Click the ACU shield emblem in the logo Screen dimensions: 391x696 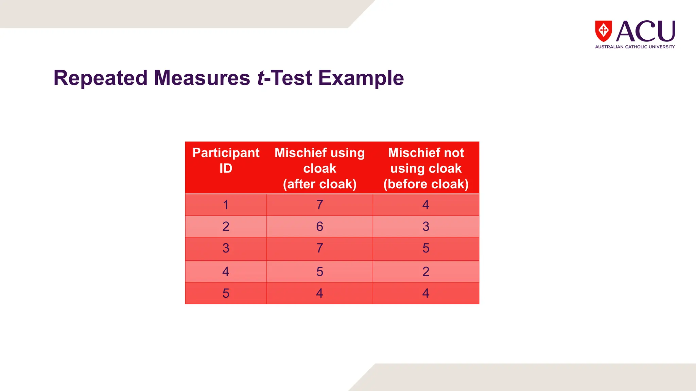tap(603, 31)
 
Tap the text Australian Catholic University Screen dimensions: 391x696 tap(634, 47)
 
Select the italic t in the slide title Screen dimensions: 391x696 tap(260, 78)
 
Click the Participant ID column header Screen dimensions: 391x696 tap(226, 161)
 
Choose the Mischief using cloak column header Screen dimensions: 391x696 tap(319, 160)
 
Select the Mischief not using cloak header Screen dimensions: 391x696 tap(426, 160)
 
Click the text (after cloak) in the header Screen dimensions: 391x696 tap(319, 184)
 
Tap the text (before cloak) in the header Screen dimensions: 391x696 tap(426, 184)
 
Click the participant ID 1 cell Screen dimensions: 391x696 tap(226, 205)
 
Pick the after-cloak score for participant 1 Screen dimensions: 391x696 tap(319, 205)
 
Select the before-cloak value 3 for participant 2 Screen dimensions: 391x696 tap(426, 226)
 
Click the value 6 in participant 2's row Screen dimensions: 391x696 tap(319, 226)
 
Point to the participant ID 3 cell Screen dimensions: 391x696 tap(226, 248)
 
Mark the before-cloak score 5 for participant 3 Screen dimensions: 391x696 tap(426, 248)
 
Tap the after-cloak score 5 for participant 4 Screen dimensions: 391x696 tap(319, 272)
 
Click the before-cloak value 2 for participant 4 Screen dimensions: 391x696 tap(426, 272)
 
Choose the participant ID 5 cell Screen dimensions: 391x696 tap(226, 293)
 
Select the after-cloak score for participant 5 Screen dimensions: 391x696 tap(319, 293)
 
